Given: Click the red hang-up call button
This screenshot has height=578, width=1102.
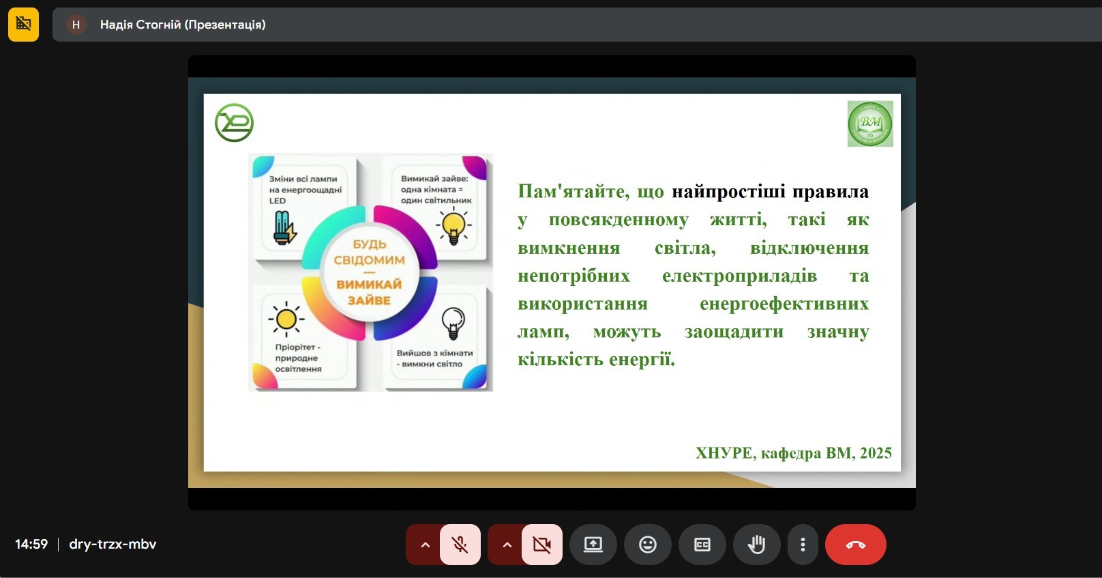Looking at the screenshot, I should pyautogui.click(x=855, y=545).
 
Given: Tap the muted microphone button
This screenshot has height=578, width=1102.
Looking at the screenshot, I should pyautogui.click(x=460, y=545).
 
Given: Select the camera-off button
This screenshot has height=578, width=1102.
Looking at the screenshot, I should pyautogui.click(x=542, y=545).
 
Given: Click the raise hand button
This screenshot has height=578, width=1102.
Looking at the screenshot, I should pyautogui.click(x=756, y=545).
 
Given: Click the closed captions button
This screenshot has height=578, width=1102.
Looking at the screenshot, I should pyautogui.click(x=702, y=545).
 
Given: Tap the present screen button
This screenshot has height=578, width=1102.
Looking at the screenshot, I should pyautogui.click(x=593, y=545).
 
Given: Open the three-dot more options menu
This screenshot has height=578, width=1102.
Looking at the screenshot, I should pyautogui.click(x=803, y=545).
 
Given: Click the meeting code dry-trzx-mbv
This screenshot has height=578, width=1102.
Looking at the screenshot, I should pyautogui.click(x=113, y=545).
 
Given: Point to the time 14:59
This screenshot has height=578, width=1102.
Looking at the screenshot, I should pyautogui.click(x=31, y=545).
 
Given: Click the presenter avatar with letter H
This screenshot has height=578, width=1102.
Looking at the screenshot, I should pyautogui.click(x=76, y=25).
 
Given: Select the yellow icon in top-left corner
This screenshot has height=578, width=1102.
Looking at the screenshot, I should pyautogui.click(x=23, y=25).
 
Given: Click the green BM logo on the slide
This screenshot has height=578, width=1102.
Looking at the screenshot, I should pyautogui.click(x=869, y=124).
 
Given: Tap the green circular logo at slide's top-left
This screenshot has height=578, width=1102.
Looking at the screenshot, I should pyautogui.click(x=234, y=123).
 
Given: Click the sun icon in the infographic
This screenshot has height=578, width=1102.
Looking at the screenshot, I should pyautogui.click(x=286, y=319).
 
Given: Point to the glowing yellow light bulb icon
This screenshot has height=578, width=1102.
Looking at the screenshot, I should pyautogui.click(x=453, y=226).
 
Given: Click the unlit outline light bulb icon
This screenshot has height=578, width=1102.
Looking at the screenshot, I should pyautogui.click(x=453, y=322).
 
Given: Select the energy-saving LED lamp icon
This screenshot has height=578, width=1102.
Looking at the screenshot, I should pyautogui.click(x=283, y=227).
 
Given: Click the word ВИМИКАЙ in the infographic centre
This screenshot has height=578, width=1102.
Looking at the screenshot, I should pyautogui.click(x=369, y=285).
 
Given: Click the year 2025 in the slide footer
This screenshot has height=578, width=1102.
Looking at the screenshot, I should pyautogui.click(x=876, y=453).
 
